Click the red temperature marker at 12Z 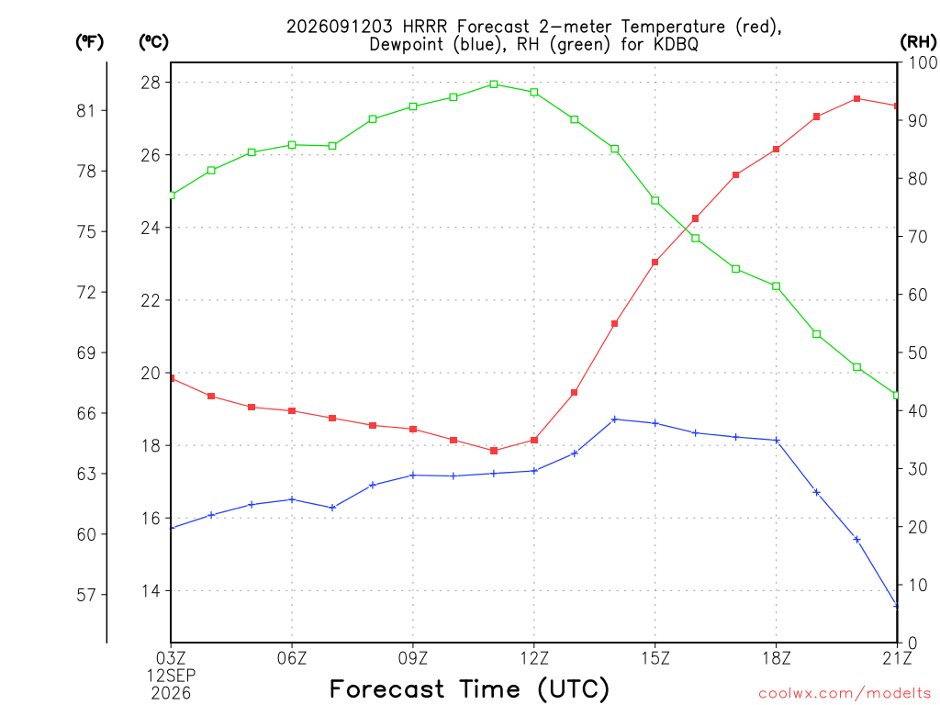point(534,440)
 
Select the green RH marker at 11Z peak point(493,84)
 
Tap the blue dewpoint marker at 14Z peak point(614,419)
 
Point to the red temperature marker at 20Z point(856,99)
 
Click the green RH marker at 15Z point(655,201)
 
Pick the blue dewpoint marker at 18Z point(777,440)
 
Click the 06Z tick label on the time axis point(292,658)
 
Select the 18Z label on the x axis point(777,658)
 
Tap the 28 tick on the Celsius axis point(151,83)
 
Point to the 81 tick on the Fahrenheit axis point(86,111)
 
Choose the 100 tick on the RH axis point(923,62)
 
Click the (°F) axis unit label point(89,42)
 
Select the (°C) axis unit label point(153,42)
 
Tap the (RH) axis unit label point(918,42)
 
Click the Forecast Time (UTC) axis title point(469,688)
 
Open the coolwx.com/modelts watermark point(845,693)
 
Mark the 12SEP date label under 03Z point(172,676)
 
